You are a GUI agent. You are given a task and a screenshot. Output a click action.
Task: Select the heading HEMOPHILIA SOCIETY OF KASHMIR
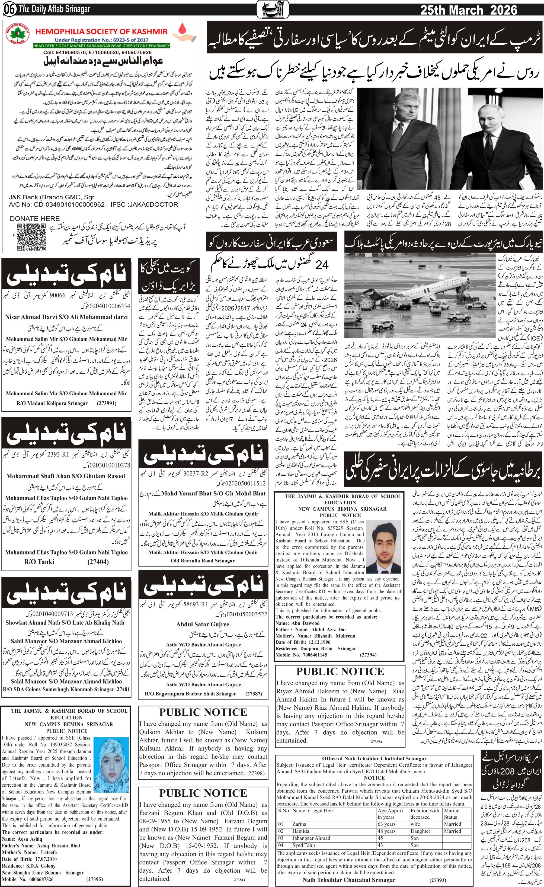click(102, 31)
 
